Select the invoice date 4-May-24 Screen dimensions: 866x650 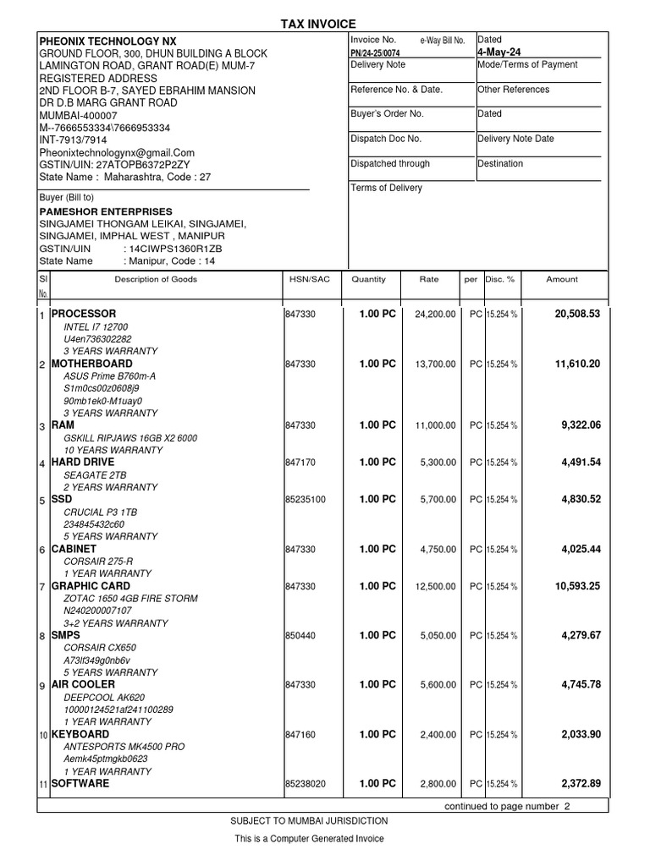tap(499, 52)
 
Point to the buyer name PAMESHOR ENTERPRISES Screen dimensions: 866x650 tap(106, 211)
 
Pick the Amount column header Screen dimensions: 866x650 tap(562, 279)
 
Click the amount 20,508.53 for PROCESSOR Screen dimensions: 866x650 tap(577, 314)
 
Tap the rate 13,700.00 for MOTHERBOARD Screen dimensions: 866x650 tap(436, 364)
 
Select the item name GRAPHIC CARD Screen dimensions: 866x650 tap(91, 586)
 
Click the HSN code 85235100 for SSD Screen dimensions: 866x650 tap(305, 500)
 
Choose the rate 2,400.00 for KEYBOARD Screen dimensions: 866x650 tap(438, 736)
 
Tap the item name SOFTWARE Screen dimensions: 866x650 tap(80, 784)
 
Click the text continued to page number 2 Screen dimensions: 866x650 tap(507, 806)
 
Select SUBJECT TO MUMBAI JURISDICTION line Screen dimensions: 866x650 tap(309, 821)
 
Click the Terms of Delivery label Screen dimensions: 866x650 tap(386, 188)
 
